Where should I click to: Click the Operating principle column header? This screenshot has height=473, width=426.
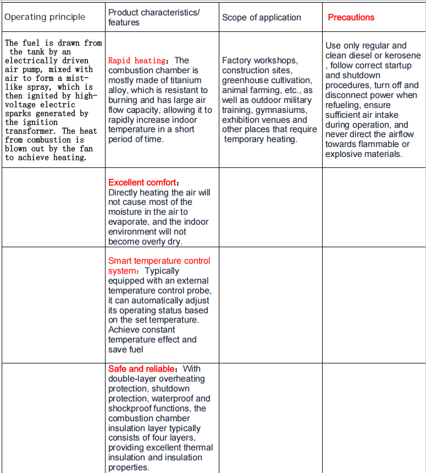[x=45, y=17]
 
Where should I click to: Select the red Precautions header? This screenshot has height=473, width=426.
[x=351, y=17]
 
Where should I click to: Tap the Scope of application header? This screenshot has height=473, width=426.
[x=262, y=17]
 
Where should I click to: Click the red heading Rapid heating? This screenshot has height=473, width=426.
[x=137, y=61]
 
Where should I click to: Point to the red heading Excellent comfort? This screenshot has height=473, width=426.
[x=143, y=182]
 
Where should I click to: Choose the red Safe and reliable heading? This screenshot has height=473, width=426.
[x=142, y=368]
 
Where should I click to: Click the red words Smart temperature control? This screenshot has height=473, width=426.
[x=159, y=260]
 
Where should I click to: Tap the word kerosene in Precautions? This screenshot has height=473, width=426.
[x=403, y=56]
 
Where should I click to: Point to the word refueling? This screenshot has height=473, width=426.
[x=344, y=105]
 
